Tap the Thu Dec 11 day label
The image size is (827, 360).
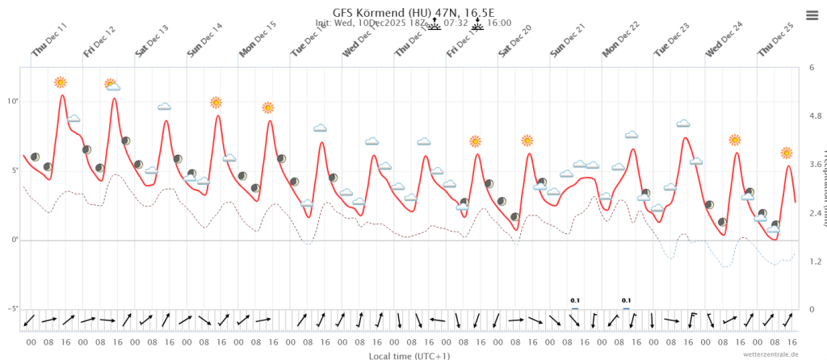click(x=49, y=40)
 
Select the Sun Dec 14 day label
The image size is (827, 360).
click(x=205, y=40)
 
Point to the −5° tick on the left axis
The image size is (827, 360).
click(x=12, y=309)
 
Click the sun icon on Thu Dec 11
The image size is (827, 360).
click(x=61, y=82)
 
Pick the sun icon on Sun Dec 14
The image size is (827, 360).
click(x=216, y=103)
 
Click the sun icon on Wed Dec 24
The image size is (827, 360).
click(x=735, y=140)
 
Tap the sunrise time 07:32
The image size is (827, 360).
click(x=457, y=23)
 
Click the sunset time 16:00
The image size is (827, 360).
click(x=499, y=23)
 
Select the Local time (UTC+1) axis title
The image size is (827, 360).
click(x=409, y=354)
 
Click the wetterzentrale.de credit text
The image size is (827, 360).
click(x=770, y=354)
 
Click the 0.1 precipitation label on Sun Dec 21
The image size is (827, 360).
click(x=575, y=300)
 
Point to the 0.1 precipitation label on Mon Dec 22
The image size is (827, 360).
click(x=626, y=300)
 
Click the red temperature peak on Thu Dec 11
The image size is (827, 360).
click(x=62, y=95)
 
